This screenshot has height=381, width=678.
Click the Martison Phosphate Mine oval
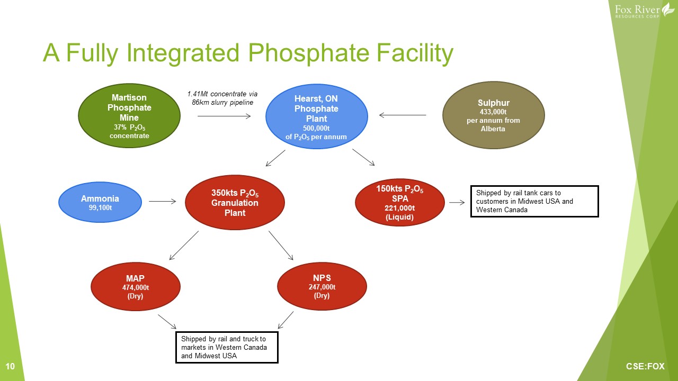pyautogui.click(x=129, y=116)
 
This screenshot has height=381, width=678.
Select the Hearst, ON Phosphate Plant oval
pyautogui.click(x=317, y=116)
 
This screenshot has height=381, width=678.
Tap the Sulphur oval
pyautogui.click(x=493, y=115)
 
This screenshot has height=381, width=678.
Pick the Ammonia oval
pyautogui.click(x=100, y=202)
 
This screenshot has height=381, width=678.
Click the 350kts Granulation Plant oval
pyautogui.click(x=235, y=202)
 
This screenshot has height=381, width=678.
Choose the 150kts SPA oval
pyautogui.click(x=400, y=202)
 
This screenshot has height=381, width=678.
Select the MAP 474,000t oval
pyautogui.click(x=135, y=286)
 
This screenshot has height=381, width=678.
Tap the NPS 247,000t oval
pyautogui.click(x=322, y=286)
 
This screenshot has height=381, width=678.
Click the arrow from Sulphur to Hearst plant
pyautogui.click(x=403, y=115)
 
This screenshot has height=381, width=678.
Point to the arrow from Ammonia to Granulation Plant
pyautogui.click(x=162, y=202)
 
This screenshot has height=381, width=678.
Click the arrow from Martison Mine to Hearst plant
pyautogui.click(x=224, y=116)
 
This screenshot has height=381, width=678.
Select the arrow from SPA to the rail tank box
pyautogui.click(x=457, y=202)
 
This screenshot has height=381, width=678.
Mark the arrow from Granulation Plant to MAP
pyautogui.click(x=184, y=245)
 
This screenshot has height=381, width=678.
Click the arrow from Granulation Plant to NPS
pyautogui.click(x=281, y=245)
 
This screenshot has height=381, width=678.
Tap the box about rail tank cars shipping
pyautogui.click(x=534, y=202)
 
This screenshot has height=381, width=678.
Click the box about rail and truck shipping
pyautogui.click(x=227, y=348)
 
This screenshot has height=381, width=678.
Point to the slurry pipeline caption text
pyautogui.click(x=222, y=98)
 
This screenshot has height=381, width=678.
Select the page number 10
pyautogui.click(x=10, y=367)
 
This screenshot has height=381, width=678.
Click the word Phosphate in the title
pyautogui.click(x=308, y=53)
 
